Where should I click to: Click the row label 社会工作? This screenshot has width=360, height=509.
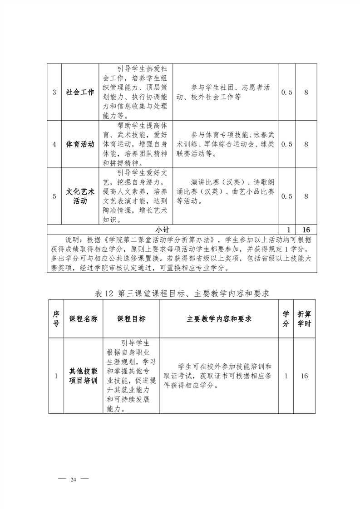click(x=80, y=92)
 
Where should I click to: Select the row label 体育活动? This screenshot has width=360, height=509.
click(x=80, y=144)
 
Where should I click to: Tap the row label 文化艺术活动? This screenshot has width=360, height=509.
click(x=80, y=196)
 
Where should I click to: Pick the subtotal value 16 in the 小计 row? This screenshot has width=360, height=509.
click(x=306, y=230)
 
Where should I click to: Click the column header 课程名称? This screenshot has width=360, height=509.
click(x=83, y=319)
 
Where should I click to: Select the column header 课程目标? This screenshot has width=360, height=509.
click(x=132, y=319)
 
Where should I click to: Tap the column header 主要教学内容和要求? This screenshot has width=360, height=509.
click(x=219, y=319)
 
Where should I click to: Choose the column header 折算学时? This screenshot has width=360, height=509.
click(x=304, y=319)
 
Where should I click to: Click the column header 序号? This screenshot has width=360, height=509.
click(x=56, y=319)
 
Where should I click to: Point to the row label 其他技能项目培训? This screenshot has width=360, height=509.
click(x=83, y=376)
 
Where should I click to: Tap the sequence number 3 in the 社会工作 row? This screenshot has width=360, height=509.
click(x=54, y=93)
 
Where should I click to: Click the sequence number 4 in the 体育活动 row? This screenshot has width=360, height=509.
click(x=54, y=144)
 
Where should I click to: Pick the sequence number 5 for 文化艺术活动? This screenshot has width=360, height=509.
click(x=54, y=196)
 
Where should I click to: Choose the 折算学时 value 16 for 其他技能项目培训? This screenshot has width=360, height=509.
click(x=304, y=376)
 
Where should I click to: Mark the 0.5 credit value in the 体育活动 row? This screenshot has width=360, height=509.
click(x=287, y=144)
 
